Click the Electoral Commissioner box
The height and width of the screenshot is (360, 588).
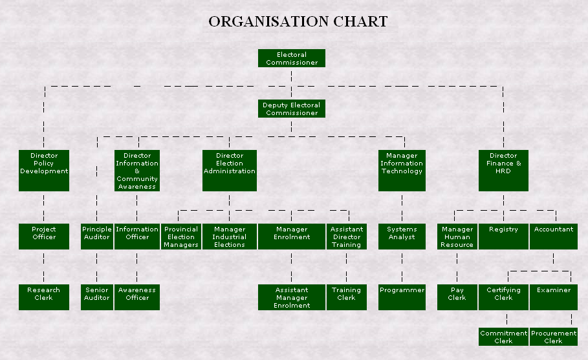coord(292,58)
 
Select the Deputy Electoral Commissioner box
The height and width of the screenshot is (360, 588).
coord(292,109)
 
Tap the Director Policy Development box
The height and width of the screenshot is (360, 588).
coord(44,171)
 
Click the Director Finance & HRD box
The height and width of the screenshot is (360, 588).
coord(503,171)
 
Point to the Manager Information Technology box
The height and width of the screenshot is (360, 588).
coord(402,171)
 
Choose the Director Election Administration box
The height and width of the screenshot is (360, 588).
coord(230,171)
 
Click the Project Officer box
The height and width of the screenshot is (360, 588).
coord(44,237)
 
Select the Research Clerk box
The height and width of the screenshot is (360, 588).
coord(44,297)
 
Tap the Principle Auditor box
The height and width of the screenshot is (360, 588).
coord(97,237)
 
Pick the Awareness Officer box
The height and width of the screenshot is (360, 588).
coord(137,297)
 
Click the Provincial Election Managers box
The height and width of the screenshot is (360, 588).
coord(181,237)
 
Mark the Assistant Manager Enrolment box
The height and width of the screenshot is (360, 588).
coord(292,297)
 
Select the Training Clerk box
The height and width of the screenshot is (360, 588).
coord(346,297)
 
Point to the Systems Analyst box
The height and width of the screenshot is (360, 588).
coord(402,237)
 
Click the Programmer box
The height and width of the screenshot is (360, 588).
coord(402,297)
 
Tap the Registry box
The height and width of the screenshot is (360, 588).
coord(503,237)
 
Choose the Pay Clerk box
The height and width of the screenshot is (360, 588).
coord(457,297)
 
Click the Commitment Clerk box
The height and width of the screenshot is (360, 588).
coord(504,337)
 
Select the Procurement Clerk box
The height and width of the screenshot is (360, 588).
coord(554,337)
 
